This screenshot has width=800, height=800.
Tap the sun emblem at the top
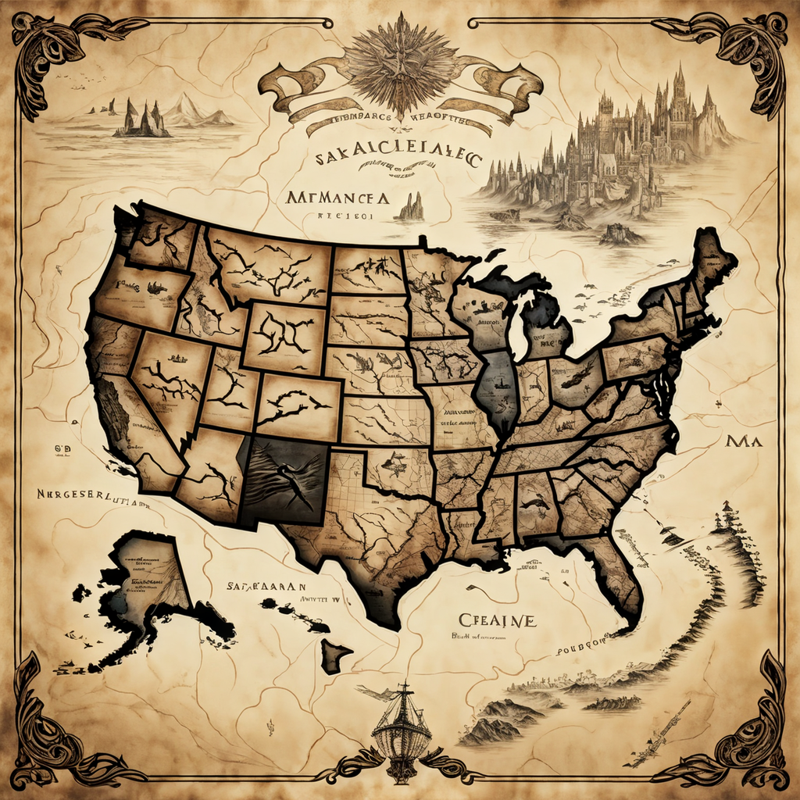click(x=400, y=62)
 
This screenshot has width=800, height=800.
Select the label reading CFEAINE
click(x=497, y=620)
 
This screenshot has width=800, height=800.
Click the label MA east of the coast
click(x=743, y=441)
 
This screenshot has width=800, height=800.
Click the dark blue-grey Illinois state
click(x=498, y=391)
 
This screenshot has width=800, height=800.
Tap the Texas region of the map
click(x=367, y=539)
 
